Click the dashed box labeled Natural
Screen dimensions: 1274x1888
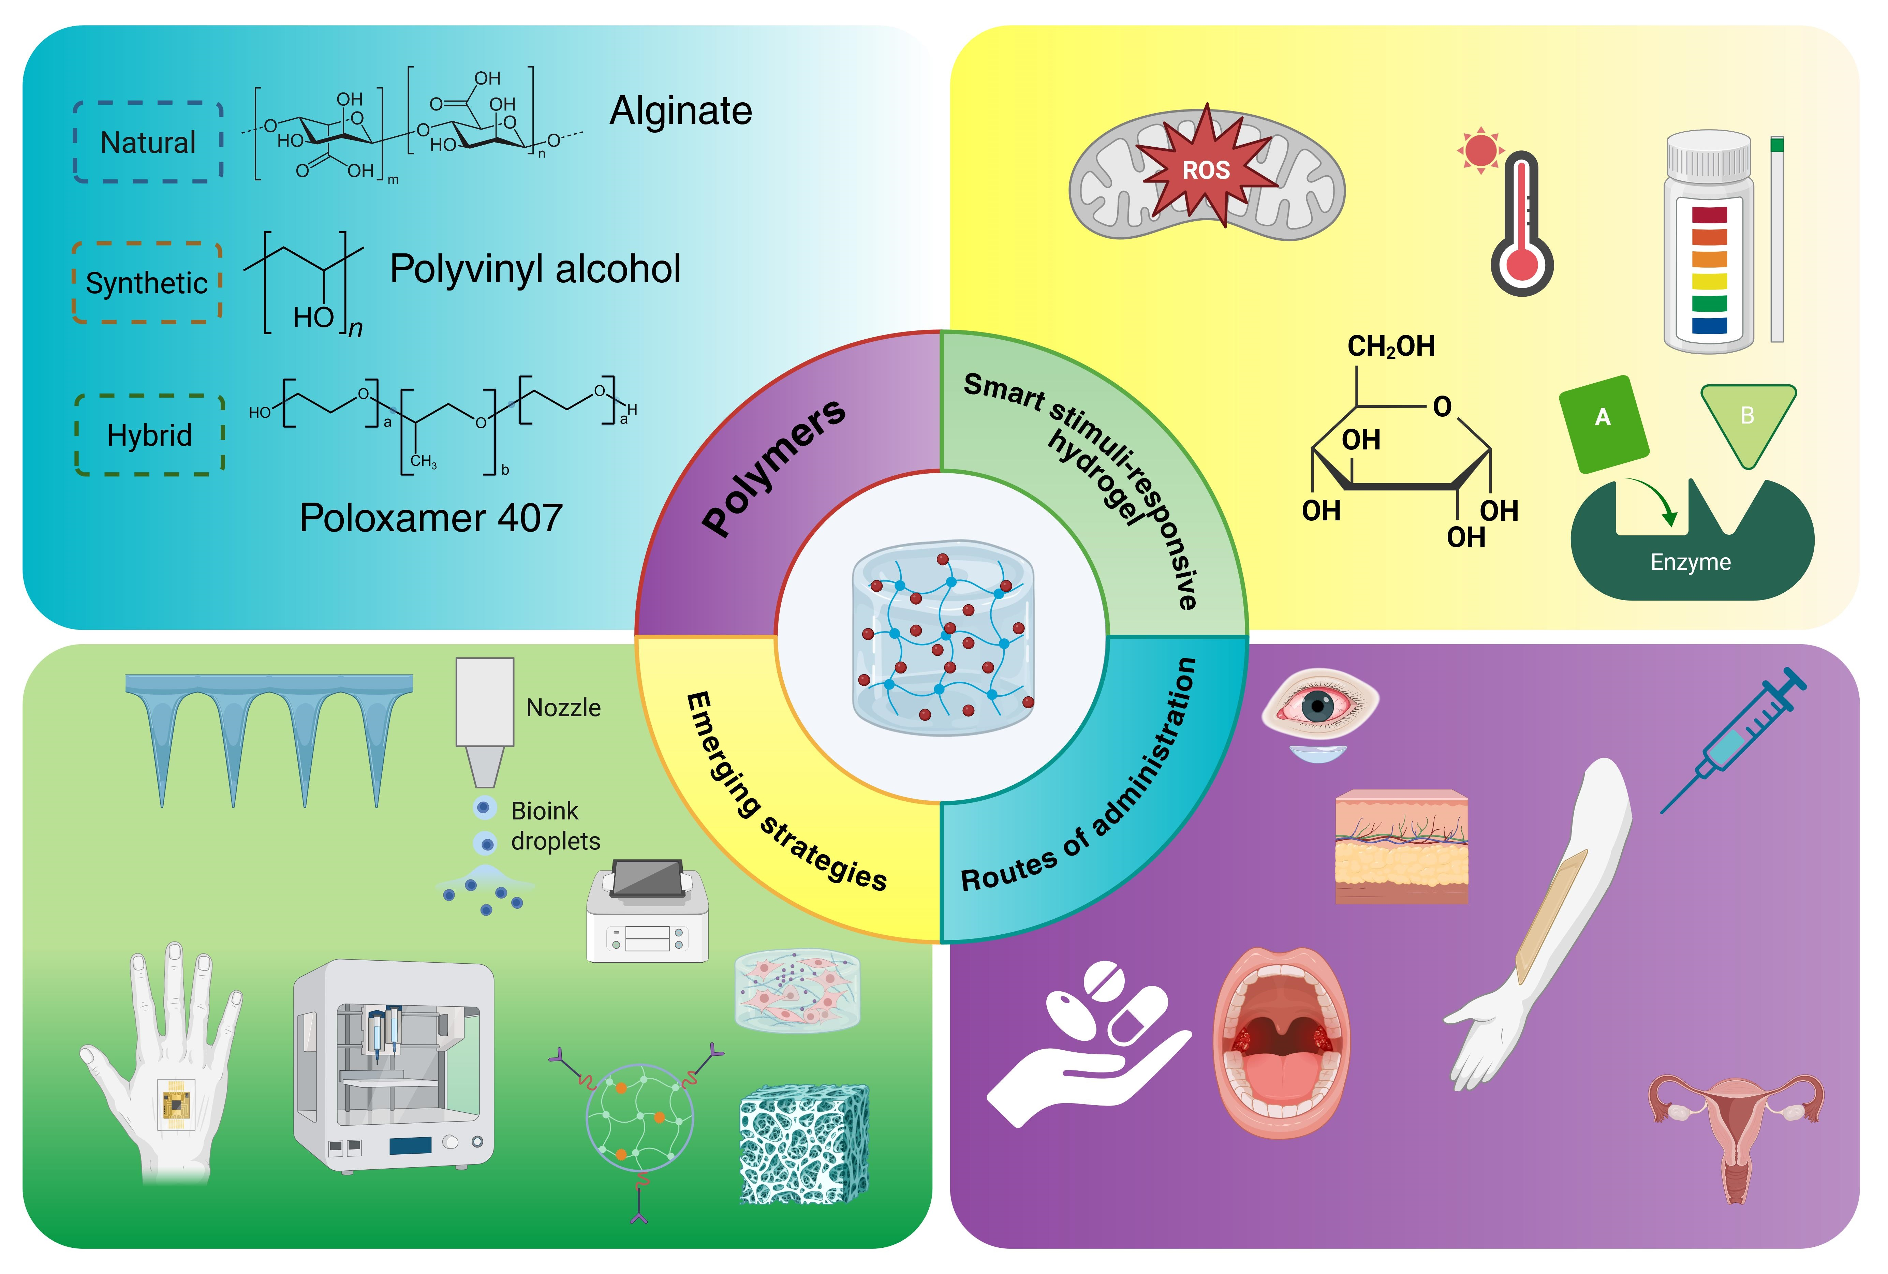(149, 142)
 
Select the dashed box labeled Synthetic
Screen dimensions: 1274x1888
(147, 283)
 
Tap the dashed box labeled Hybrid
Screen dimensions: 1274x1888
(149, 435)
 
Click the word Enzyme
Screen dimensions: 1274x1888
(1691, 562)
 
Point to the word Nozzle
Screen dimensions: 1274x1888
(563, 708)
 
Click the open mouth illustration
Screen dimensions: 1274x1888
(1281, 1042)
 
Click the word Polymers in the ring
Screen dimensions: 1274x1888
(772, 467)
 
